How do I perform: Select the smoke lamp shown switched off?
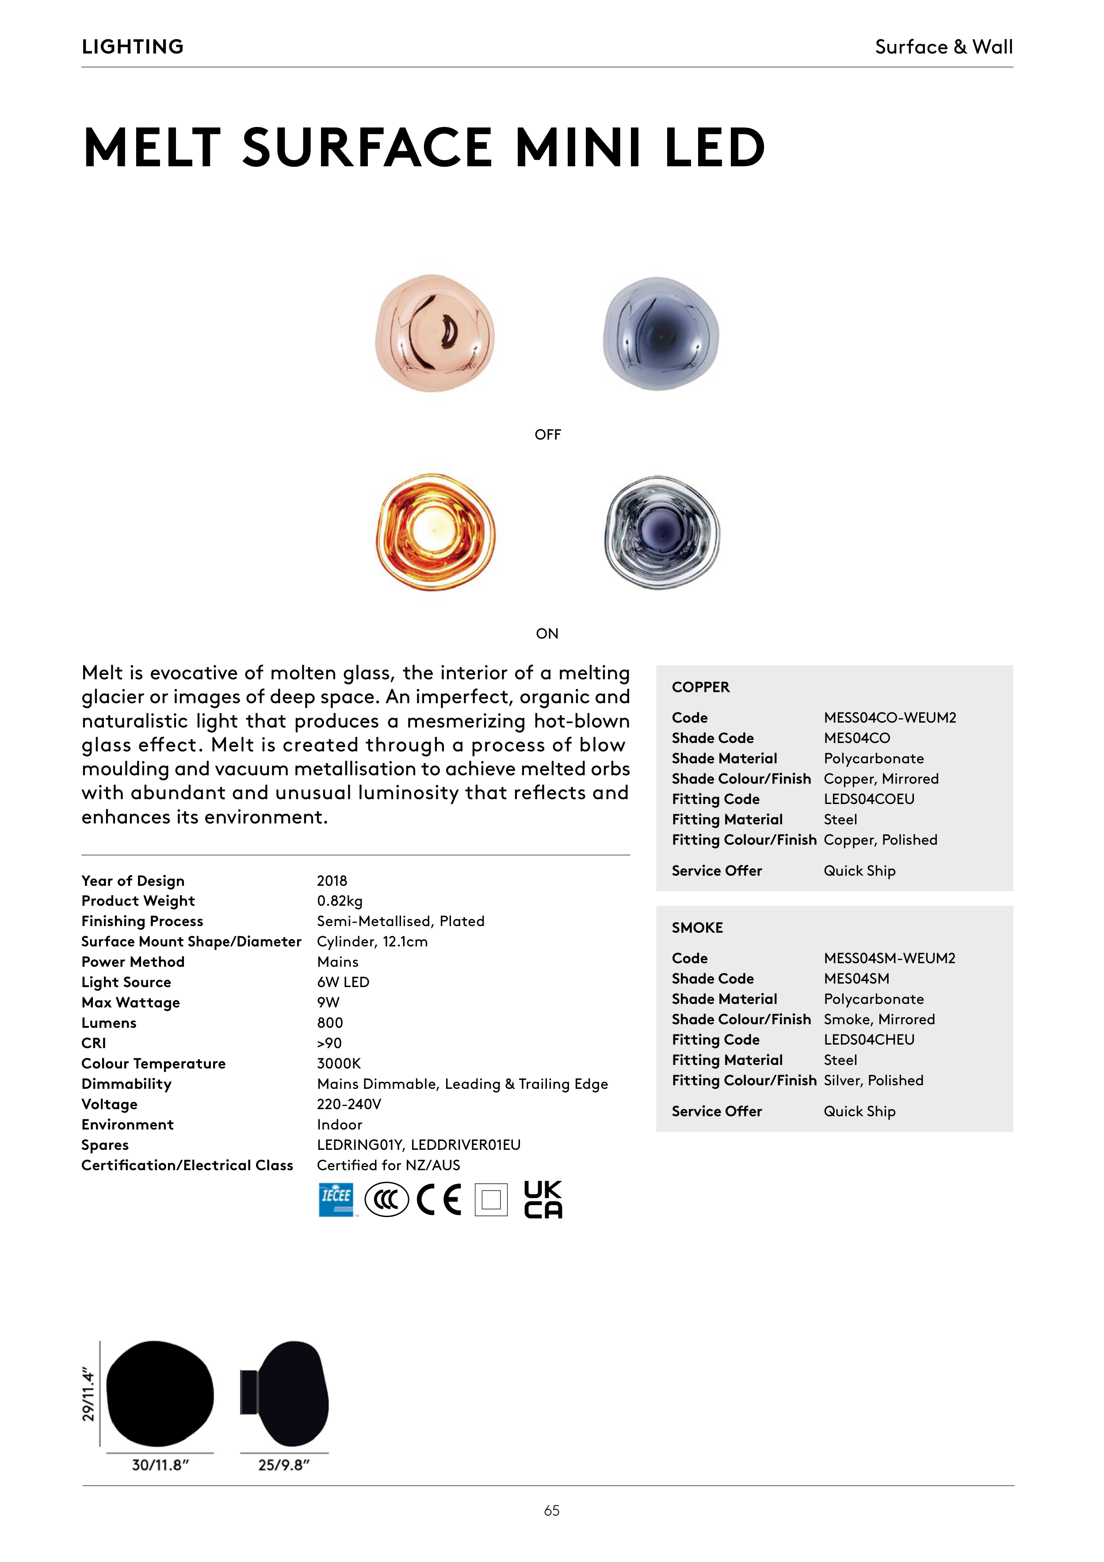pos(661,333)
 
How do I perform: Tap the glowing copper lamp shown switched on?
pos(435,532)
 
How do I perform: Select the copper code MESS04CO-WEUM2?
pos(890,718)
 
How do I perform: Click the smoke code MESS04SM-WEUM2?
pos(890,959)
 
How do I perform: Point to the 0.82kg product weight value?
pos(340,901)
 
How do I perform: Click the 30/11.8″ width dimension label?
pos(160,1466)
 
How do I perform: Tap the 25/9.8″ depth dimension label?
pos(284,1466)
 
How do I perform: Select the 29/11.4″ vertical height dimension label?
pos(88,1395)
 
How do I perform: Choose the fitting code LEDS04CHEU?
pos(869,1040)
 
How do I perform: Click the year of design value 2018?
pos(332,881)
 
